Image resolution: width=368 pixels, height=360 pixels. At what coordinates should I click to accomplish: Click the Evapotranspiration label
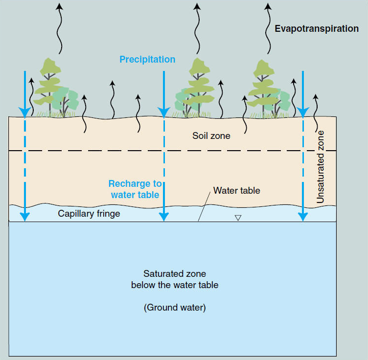tap(317, 28)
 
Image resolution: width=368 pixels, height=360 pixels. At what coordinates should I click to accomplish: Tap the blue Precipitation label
tap(147, 59)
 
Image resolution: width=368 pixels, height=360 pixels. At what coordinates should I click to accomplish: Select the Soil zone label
tap(211, 135)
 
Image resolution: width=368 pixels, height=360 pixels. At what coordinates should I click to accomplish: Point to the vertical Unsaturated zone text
tap(321, 167)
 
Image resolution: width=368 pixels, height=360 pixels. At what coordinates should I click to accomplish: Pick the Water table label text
tap(236, 190)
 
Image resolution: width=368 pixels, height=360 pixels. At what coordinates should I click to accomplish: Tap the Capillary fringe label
tap(89, 214)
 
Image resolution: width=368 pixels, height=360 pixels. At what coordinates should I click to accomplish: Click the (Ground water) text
tap(175, 308)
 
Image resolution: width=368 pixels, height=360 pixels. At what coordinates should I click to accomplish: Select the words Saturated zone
tap(174, 274)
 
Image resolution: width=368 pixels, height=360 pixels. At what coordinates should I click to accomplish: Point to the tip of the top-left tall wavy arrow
tap(59, 6)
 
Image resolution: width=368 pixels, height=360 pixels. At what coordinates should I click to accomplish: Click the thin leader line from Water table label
tap(205, 205)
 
